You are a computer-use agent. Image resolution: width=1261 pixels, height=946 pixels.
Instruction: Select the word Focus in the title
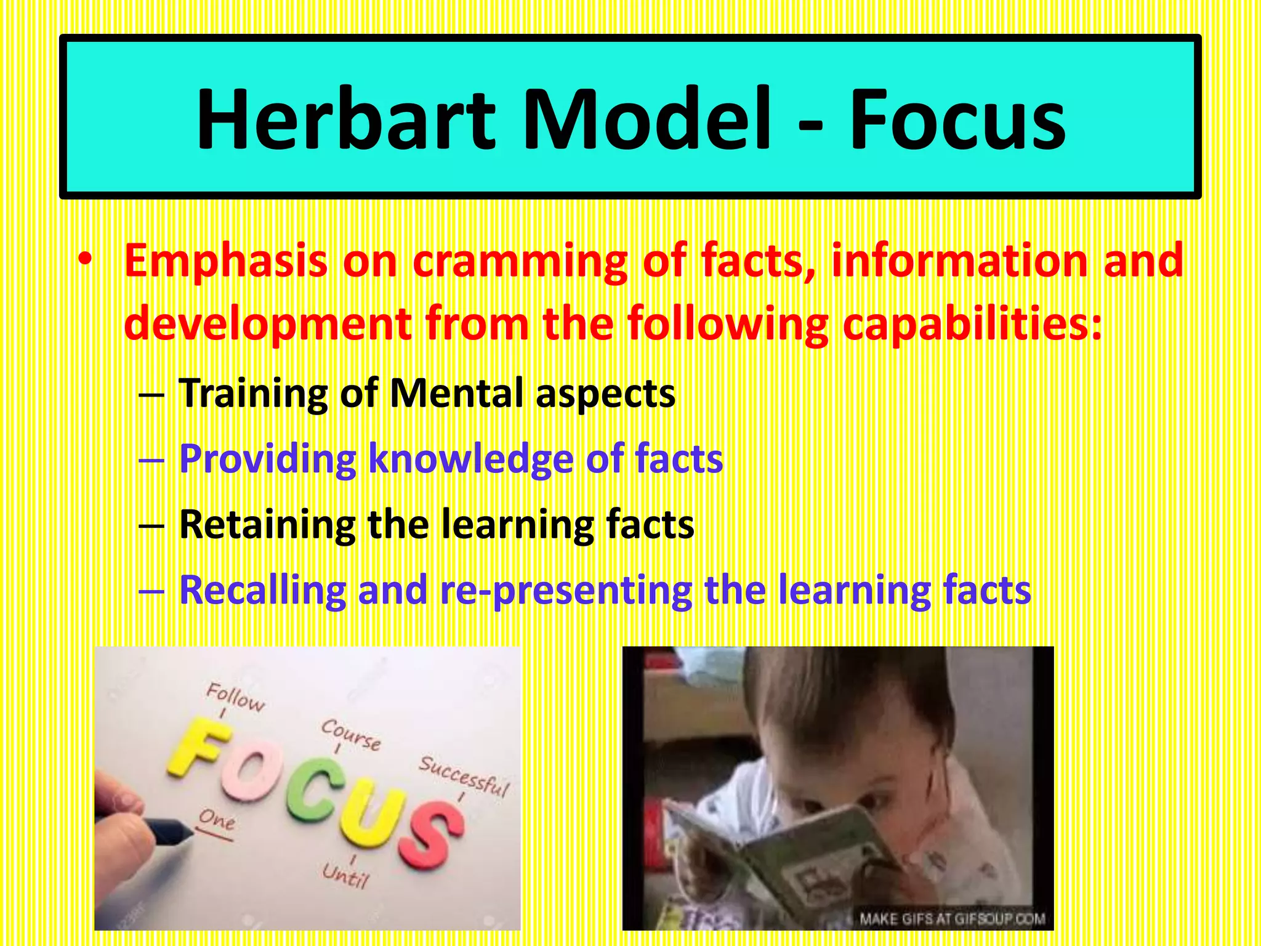point(957,119)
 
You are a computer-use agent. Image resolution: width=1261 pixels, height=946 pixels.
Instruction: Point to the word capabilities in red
point(972,325)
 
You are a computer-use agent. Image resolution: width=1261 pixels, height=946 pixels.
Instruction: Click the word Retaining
point(267,525)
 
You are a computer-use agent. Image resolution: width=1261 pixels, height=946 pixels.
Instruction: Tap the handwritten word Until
point(345,875)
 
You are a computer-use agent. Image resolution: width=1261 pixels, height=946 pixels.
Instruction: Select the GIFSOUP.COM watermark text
point(952,919)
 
